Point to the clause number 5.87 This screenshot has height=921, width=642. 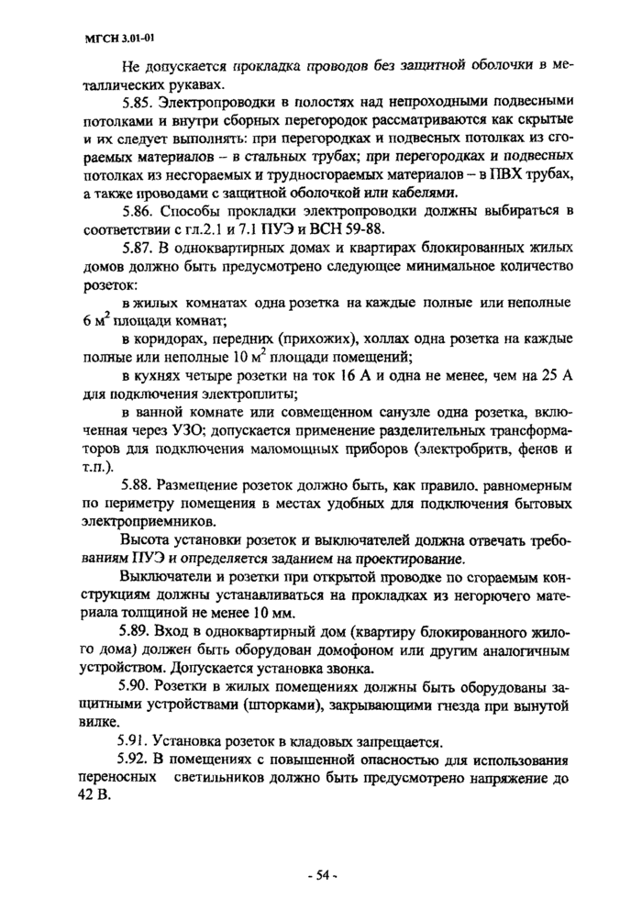coord(138,249)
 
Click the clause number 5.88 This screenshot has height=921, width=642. coord(138,483)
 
